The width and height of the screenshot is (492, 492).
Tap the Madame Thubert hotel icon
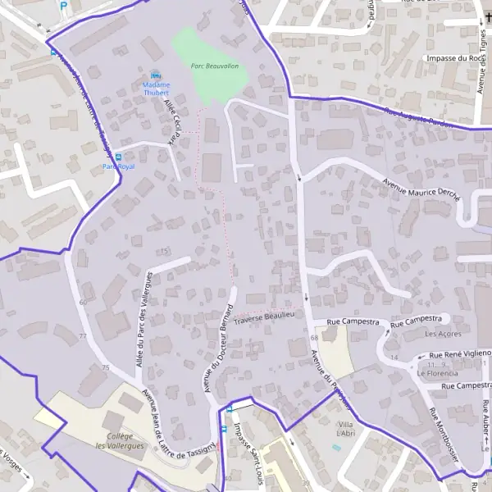(x=155, y=75)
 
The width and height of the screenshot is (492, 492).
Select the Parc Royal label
(x=117, y=166)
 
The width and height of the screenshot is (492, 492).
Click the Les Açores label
(x=443, y=334)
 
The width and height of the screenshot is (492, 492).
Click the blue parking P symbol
(x=64, y=6)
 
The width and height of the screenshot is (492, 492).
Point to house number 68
(x=314, y=338)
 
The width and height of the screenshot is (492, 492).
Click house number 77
(x=83, y=337)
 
